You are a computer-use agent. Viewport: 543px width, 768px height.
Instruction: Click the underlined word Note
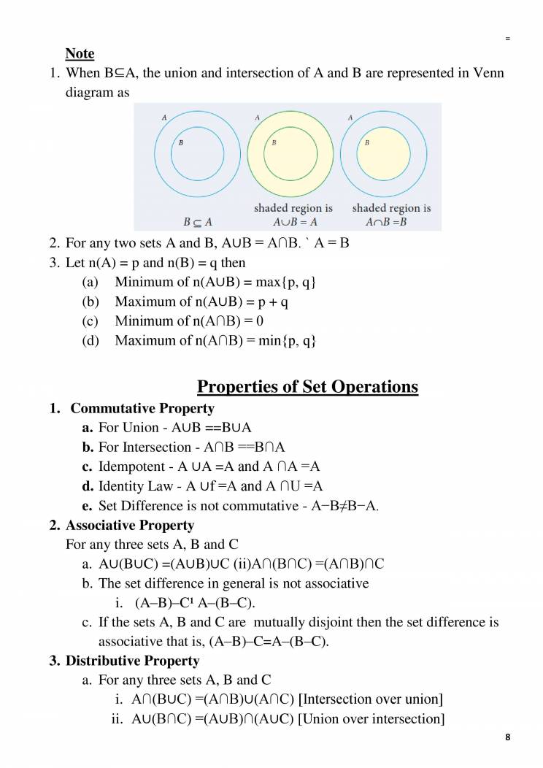[80, 53]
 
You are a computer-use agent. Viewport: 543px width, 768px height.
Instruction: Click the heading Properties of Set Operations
[308, 386]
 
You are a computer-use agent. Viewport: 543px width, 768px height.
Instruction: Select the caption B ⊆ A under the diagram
[197, 222]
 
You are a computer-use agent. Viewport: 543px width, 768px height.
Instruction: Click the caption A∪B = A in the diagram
[295, 222]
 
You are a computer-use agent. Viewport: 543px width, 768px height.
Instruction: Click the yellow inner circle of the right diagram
[384, 154]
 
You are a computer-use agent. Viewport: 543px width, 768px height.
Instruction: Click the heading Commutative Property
[142, 408]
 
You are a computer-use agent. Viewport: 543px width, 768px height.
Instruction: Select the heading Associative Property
[130, 525]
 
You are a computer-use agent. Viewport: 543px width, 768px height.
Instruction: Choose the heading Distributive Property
[132, 661]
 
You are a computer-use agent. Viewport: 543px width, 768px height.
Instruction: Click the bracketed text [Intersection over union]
[371, 699]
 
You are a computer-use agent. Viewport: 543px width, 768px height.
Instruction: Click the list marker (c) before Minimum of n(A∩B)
[90, 321]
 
